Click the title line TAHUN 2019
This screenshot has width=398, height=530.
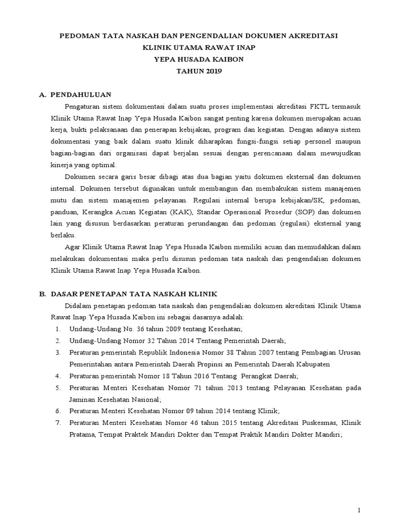coord(198,71)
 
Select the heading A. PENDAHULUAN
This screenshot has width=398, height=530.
coord(77,94)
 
